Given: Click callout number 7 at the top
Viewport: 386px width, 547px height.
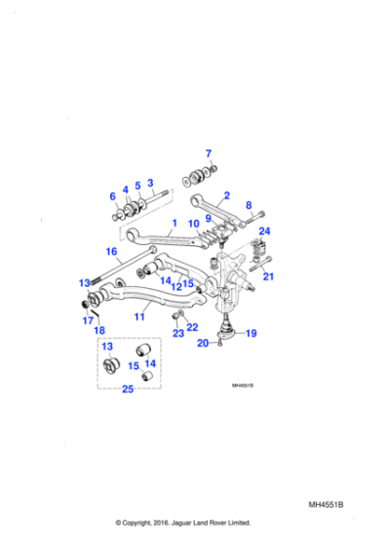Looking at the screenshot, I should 208,152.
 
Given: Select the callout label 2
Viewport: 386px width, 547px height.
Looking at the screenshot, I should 226,195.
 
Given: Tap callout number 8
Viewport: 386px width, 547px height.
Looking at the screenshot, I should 150,183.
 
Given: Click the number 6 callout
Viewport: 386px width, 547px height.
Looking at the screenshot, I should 137,186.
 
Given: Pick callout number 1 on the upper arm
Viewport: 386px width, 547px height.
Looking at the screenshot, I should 112,196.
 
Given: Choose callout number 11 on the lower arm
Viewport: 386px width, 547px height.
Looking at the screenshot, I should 138,316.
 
